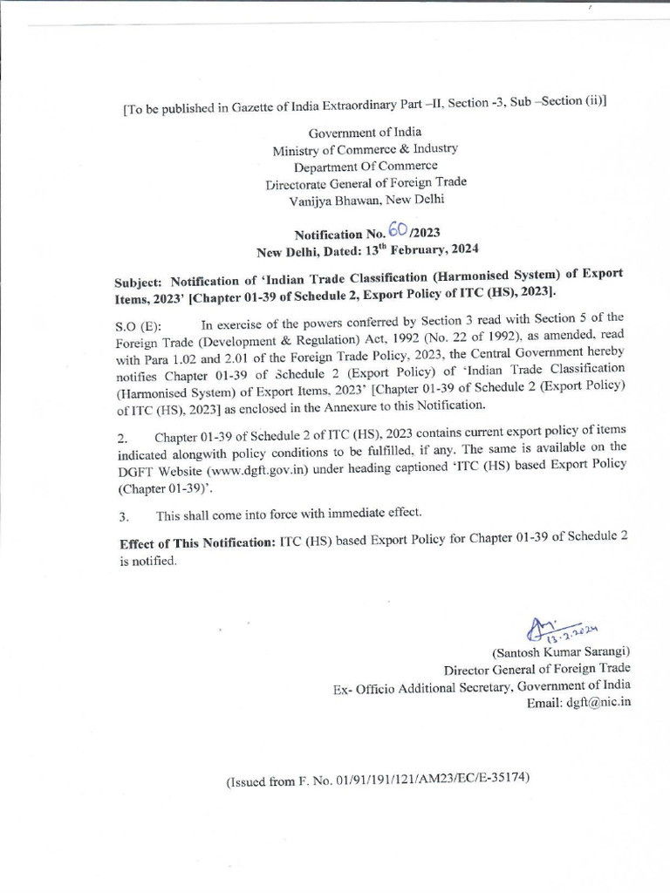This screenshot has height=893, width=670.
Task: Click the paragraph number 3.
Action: [123, 516]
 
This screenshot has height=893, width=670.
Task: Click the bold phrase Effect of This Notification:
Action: [197, 543]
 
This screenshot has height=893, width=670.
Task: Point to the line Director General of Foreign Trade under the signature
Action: [537, 670]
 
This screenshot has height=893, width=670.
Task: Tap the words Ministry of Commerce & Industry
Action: [365, 149]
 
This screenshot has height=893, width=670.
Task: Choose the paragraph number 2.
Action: [123, 438]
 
